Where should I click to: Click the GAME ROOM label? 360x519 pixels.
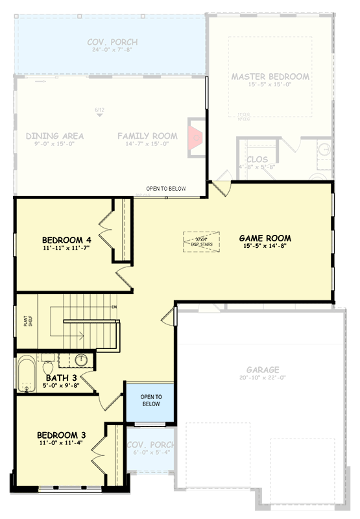(265, 238)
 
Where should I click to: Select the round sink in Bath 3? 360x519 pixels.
(81, 359)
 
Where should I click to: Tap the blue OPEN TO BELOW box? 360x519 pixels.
(150, 400)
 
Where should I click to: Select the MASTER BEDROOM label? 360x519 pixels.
(270, 77)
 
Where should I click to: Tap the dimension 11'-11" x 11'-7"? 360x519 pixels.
(66, 247)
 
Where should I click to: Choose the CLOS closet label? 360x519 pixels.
(254, 159)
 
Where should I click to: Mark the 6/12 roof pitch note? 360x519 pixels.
(99, 110)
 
